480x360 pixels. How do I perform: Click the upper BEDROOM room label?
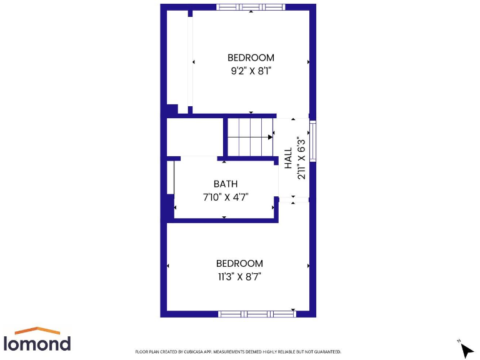[x=251, y=58]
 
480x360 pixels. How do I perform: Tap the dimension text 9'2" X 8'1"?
[x=251, y=71]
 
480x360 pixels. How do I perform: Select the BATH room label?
[x=226, y=184]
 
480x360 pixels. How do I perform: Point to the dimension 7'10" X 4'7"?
[x=226, y=197]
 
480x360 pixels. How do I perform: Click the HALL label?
[x=288, y=158]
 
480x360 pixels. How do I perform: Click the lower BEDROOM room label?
[x=239, y=264]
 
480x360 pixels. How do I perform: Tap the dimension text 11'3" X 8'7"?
[x=239, y=276]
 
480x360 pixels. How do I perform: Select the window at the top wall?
[x=251, y=7]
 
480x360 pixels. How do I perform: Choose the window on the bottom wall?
[x=256, y=314]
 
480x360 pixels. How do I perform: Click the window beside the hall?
[x=313, y=141]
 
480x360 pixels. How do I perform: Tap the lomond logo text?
[x=37, y=343]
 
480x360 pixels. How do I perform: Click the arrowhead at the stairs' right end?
[x=271, y=136]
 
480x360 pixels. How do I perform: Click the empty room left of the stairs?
[x=194, y=136]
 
